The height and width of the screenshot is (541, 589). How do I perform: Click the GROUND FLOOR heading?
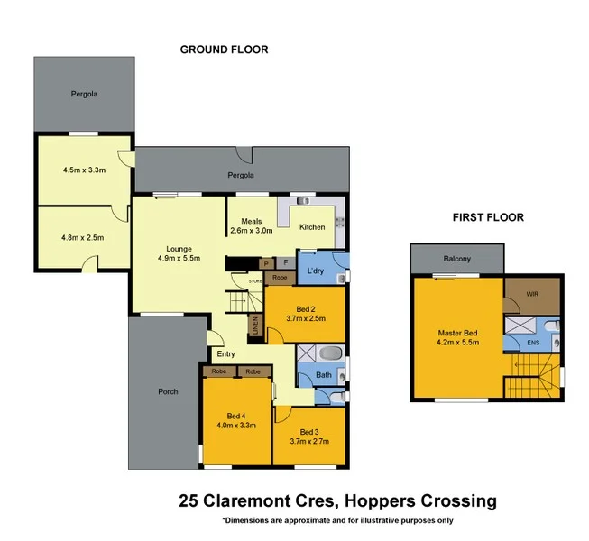(x=224, y=50)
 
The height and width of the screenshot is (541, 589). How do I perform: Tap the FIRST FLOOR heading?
(x=488, y=217)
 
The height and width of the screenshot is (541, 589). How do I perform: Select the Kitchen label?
(x=311, y=226)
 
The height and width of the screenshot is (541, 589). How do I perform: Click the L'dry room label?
(x=315, y=271)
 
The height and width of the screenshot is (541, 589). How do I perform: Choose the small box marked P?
(x=266, y=263)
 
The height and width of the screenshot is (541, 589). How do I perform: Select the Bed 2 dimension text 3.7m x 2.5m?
(x=305, y=318)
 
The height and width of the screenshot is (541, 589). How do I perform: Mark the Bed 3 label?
(x=309, y=431)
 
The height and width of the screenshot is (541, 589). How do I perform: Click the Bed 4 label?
(x=235, y=415)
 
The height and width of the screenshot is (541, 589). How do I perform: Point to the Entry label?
(x=225, y=354)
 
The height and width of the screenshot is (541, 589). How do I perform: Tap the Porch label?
(x=168, y=391)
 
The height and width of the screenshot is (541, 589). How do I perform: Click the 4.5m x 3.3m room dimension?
(x=84, y=170)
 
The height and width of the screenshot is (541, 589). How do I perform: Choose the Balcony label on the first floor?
(x=456, y=259)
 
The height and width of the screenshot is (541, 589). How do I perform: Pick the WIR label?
(x=532, y=294)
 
